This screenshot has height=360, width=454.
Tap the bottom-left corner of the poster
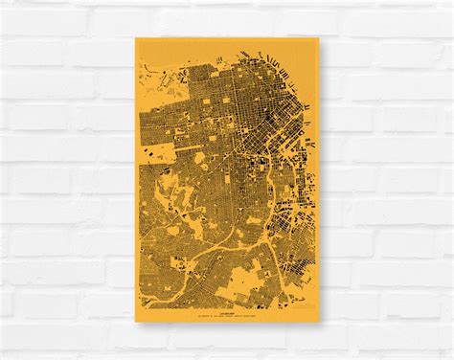[x=135, y=321]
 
